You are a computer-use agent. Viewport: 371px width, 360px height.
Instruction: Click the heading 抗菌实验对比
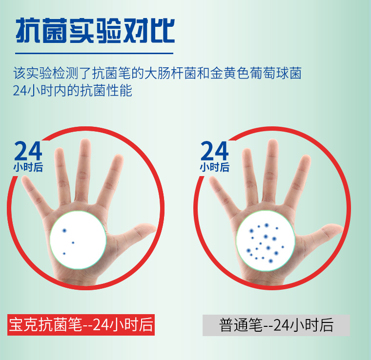pos(95,31)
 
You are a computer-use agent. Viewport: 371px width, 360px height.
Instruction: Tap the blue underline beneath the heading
pos(94,54)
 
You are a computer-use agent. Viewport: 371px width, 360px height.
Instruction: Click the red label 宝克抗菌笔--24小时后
pos(81,325)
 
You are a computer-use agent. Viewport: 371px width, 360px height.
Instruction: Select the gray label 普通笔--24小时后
pos(276,325)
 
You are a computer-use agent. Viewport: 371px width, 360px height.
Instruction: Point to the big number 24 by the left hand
pos(28,151)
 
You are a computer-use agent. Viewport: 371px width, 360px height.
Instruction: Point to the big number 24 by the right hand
pos(215,151)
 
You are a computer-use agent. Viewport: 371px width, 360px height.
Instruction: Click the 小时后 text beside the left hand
pos(28,167)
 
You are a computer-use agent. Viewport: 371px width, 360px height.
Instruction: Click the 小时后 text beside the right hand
pos(215,167)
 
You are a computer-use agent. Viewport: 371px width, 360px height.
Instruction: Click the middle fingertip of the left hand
pos(85,143)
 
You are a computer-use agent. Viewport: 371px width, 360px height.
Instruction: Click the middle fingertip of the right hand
pos(272,143)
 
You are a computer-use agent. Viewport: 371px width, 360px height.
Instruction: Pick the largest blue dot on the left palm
pos(64,230)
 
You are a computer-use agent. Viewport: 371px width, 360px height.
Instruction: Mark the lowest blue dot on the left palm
pos(64,254)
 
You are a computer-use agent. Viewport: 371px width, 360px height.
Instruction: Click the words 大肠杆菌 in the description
pos(170,73)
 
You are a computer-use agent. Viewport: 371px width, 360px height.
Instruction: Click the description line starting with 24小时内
pos(72,91)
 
